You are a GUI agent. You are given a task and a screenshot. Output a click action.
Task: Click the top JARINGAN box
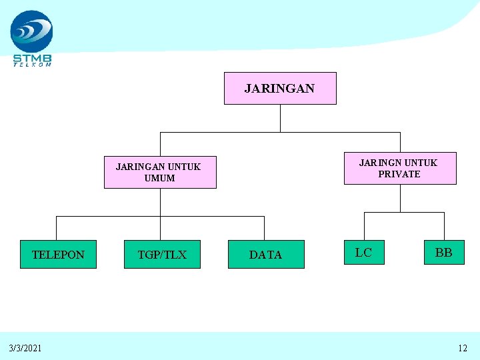(279, 89)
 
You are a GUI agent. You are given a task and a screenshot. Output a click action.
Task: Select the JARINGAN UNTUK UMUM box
(160, 173)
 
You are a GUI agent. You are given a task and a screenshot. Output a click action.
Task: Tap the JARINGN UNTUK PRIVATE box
(399, 168)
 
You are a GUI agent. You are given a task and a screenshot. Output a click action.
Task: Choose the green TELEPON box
(58, 254)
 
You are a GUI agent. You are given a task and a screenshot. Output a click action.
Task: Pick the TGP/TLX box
(162, 254)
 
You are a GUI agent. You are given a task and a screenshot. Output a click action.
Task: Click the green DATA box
(266, 254)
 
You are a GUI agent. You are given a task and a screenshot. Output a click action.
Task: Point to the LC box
(363, 253)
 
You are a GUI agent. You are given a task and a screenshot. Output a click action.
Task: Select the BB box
(443, 253)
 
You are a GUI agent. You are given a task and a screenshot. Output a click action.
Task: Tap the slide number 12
(463, 348)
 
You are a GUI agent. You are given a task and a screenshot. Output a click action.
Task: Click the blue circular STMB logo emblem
(31, 31)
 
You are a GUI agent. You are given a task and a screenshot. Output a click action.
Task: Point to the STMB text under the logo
(32, 57)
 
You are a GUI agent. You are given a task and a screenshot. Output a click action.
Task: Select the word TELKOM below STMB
(32, 65)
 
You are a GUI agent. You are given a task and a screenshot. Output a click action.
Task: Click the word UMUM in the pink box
(160, 178)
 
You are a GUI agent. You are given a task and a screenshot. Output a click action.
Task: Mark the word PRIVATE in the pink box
(399, 174)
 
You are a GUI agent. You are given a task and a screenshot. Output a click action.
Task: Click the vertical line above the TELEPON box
(56, 228)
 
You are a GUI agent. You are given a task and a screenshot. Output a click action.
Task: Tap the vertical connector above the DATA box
(264, 228)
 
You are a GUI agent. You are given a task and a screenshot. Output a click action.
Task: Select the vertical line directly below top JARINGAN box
(281, 118)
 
